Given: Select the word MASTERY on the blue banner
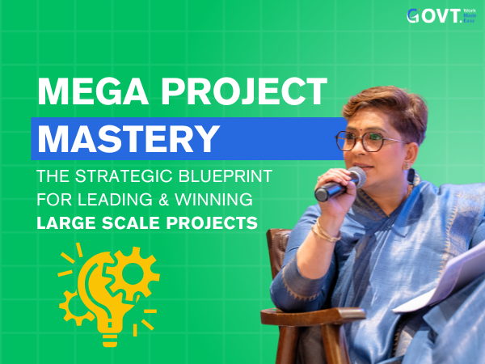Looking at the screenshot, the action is click(x=129, y=138).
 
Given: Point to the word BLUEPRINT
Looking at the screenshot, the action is click(x=226, y=176).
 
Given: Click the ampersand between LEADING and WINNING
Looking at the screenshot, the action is click(x=163, y=199).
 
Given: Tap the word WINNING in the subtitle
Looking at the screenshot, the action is click(x=213, y=199).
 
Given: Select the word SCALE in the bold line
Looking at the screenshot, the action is click(x=130, y=223).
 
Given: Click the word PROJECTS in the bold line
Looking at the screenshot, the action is click(x=212, y=223).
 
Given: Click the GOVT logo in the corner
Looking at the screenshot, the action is click(x=441, y=16).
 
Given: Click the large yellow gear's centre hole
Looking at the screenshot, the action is click(x=133, y=273).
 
